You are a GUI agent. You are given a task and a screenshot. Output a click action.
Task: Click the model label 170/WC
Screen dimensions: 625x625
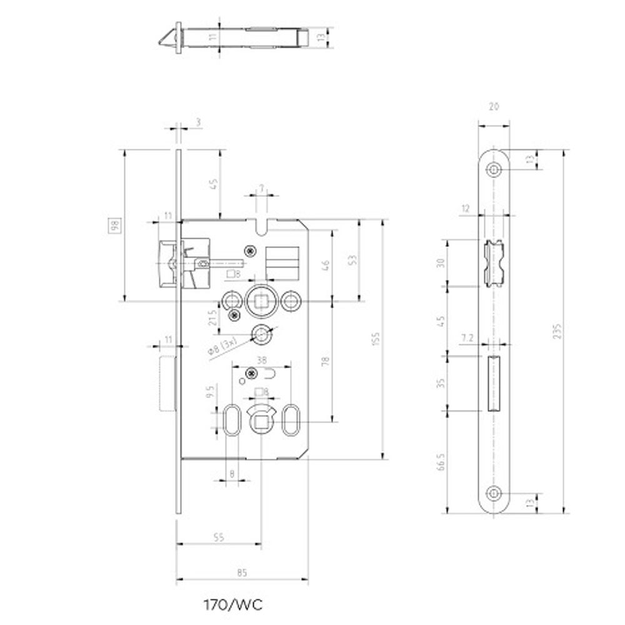pos(232,605)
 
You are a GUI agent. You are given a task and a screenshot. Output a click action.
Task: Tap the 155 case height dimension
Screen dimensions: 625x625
pos(375,339)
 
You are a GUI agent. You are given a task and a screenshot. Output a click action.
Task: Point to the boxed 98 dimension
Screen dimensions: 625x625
pos(114,226)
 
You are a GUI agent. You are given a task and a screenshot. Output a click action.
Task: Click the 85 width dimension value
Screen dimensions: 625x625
pos(243,571)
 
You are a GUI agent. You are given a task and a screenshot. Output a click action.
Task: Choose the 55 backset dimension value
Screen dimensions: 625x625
pos(218,537)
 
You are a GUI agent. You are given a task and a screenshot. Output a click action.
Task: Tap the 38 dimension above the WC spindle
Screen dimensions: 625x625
pos(262,359)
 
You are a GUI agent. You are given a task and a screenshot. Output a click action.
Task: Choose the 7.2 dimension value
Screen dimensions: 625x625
pos(467,338)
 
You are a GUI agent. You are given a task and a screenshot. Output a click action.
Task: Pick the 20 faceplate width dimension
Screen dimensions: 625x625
pos(495,107)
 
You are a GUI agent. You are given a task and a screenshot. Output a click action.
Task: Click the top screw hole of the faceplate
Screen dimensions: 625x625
pos(495,169)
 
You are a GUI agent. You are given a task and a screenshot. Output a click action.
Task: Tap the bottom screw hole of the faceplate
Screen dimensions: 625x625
pos(495,494)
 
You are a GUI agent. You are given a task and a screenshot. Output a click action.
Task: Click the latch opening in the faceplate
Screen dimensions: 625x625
pos(494,263)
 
